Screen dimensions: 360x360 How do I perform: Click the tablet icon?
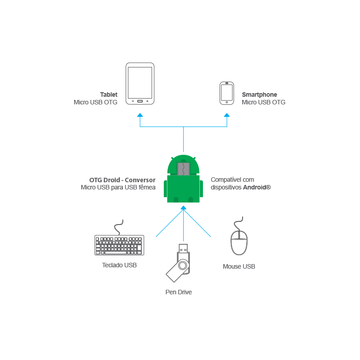coord(140,84)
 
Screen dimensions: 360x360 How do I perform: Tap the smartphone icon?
coord(226,93)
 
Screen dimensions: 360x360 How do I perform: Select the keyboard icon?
coord(119,245)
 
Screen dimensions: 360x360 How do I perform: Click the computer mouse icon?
coord(239,242)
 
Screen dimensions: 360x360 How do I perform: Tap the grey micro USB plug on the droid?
coord(184,169)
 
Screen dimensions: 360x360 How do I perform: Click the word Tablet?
coord(108,95)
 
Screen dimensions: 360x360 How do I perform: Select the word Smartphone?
coord(260,95)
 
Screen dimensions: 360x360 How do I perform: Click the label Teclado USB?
coord(119,265)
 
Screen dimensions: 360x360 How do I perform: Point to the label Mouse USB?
coord(239,267)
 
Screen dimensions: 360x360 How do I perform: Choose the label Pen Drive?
coord(179,292)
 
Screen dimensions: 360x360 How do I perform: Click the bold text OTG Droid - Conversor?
coord(122,180)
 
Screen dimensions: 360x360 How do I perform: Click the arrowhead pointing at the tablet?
coord(140,115)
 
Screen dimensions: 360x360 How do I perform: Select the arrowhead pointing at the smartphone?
coord(227,115)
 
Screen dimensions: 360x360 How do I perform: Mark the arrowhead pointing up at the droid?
coord(183,208)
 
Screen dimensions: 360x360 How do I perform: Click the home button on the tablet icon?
coord(140,101)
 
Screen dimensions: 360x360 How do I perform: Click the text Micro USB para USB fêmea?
coord(118,187)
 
